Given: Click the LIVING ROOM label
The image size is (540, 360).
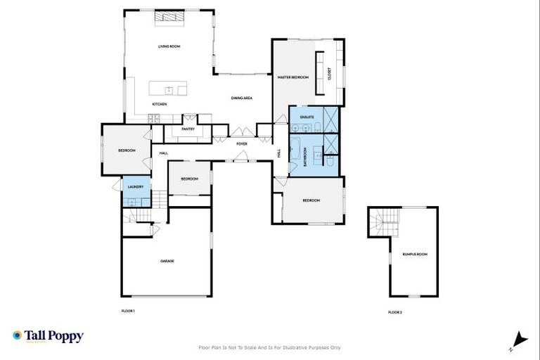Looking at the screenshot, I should [x=169, y=46].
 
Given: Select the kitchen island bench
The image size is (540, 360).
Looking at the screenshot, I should [x=168, y=89].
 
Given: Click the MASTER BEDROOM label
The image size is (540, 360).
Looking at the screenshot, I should [x=292, y=77].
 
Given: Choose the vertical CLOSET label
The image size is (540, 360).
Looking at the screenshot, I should [x=328, y=73].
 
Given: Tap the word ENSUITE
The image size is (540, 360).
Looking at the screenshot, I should [x=307, y=117].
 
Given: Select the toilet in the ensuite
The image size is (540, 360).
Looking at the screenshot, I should [x=318, y=127].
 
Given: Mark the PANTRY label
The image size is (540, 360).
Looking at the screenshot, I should [x=188, y=129].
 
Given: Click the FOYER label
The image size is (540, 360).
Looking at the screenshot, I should [x=241, y=143].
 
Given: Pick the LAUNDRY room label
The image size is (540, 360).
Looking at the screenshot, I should [x=136, y=186].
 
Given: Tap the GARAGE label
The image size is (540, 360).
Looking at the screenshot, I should [x=167, y=261].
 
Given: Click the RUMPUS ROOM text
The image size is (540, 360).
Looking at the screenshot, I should [x=415, y=254].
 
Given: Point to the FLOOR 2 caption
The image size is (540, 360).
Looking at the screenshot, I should [x=395, y=312].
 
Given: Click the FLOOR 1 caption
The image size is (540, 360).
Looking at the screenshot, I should [x=128, y=310].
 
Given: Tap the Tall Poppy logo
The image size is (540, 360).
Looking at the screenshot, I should [x=48, y=336].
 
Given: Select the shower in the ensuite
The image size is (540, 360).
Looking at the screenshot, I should [x=330, y=119].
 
